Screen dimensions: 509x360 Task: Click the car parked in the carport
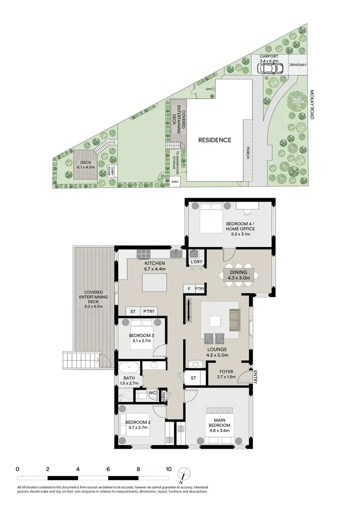click(270, 69)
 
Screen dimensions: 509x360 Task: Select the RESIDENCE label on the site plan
click(216, 140)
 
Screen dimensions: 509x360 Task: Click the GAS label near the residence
click(209, 89)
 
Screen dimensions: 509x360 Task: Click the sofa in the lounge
click(234, 320)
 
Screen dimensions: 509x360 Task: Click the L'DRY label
click(196, 261)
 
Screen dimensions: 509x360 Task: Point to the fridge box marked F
click(190, 289)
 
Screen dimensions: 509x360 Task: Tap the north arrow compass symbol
click(181, 474)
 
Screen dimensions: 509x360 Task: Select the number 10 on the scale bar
click(168, 469)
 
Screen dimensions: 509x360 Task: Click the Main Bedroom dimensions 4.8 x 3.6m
click(219, 431)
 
